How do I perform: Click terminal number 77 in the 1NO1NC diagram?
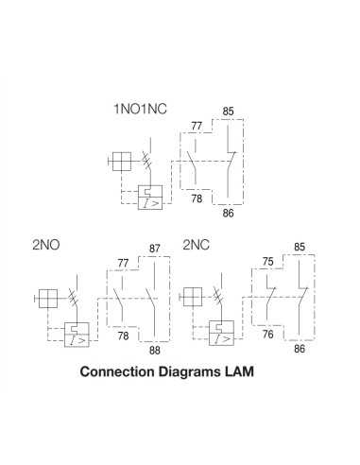[197, 125]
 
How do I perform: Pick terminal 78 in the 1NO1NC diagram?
[197, 198]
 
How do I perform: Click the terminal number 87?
[155, 249]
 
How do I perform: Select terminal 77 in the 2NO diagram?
[124, 263]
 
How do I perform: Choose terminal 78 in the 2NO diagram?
[124, 336]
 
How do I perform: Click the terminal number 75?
[267, 263]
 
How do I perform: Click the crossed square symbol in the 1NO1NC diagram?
[121, 163]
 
